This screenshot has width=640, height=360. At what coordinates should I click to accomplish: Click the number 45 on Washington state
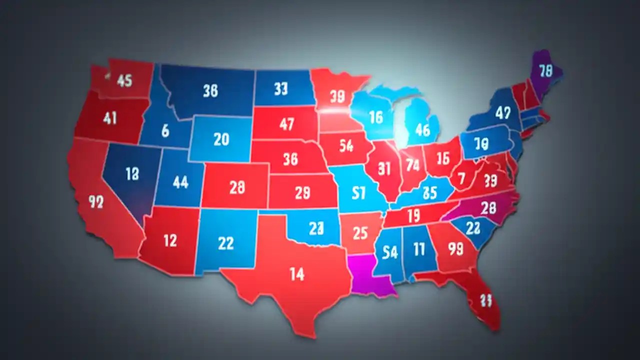point(124,80)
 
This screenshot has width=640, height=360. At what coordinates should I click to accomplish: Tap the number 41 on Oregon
point(109,118)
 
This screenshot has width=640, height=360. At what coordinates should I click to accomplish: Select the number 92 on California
point(95,201)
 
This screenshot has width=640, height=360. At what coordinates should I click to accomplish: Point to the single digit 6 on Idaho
point(165,130)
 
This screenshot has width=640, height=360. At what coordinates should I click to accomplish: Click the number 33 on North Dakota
point(281,88)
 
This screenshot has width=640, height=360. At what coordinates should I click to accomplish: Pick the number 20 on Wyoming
point(221,139)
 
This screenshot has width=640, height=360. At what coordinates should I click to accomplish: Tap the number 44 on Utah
point(180,182)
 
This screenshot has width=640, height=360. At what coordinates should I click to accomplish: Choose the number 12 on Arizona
point(170,240)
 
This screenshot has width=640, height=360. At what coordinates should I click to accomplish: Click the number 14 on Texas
point(296,274)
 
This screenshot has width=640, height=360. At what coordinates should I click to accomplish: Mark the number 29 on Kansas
point(302,192)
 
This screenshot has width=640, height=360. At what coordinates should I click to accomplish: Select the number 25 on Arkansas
point(360,232)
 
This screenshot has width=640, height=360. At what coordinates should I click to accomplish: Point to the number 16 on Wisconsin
point(375,117)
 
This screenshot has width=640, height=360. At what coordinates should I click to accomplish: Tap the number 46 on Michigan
point(422,130)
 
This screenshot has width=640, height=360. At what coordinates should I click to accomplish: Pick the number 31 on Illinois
point(384,168)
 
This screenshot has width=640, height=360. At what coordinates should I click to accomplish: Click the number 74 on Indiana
point(412,164)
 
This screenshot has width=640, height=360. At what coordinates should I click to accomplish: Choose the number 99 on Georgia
point(455,248)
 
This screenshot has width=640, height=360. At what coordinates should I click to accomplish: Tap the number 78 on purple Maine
point(545,71)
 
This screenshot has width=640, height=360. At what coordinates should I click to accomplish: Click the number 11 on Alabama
point(418,248)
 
